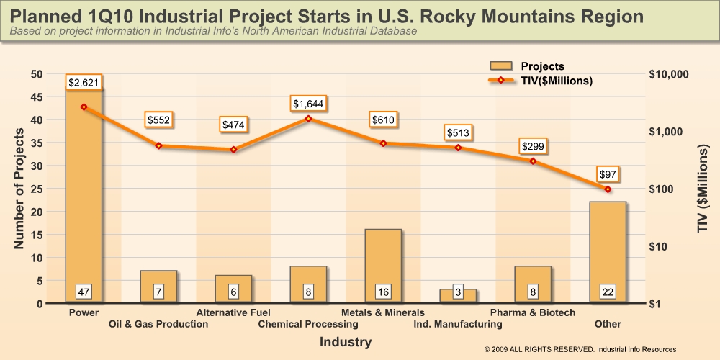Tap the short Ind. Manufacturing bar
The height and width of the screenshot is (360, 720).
(458, 295)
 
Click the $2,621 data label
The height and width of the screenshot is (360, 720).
(84, 83)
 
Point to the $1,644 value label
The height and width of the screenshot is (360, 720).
(308, 104)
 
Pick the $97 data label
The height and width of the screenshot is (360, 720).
(608, 175)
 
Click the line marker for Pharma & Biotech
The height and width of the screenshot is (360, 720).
(533, 161)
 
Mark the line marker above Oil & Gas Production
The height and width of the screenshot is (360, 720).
(158, 146)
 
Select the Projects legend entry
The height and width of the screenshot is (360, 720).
(531, 66)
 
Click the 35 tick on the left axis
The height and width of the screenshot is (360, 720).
(36, 143)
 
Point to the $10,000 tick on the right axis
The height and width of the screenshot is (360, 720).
(670, 74)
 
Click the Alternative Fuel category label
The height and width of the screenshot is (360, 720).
(233, 312)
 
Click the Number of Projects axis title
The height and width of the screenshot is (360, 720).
(19, 189)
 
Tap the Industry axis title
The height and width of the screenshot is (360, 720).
(346, 342)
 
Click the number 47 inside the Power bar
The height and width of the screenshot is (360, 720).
(84, 292)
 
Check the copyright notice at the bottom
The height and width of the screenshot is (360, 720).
(580, 349)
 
